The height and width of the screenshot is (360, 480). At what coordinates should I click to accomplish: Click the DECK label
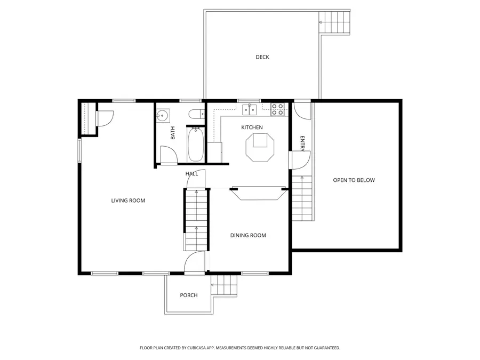click(x=262, y=57)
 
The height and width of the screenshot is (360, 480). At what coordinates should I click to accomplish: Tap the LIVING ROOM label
click(x=128, y=201)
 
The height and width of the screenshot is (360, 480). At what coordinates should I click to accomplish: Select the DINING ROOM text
click(x=248, y=235)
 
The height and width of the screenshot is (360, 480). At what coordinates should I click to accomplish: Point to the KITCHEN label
click(x=252, y=127)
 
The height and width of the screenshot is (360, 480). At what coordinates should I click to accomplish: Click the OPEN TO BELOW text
click(x=354, y=180)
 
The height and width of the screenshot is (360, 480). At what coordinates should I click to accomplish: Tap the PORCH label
click(x=189, y=295)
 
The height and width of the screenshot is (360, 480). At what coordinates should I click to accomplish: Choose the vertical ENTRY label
click(x=302, y=143)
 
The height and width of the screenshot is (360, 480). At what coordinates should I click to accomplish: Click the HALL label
click(x=191, y=174)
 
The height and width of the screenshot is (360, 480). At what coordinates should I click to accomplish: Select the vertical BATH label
click(x=173, y=133)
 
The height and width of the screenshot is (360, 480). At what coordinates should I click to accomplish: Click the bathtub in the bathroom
click(x=195, y=144)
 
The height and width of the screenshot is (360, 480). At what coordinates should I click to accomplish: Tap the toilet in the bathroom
click(x=195, y=113)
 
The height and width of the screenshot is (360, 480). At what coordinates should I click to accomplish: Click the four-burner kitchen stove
click(x=278, y=109)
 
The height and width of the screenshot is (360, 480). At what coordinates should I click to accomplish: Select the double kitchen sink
click(x=250, y=109)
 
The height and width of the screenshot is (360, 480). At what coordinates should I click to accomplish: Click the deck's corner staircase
click(x=334, y=22)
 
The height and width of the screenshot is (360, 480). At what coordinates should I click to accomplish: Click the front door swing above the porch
click(x=195, y=262)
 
